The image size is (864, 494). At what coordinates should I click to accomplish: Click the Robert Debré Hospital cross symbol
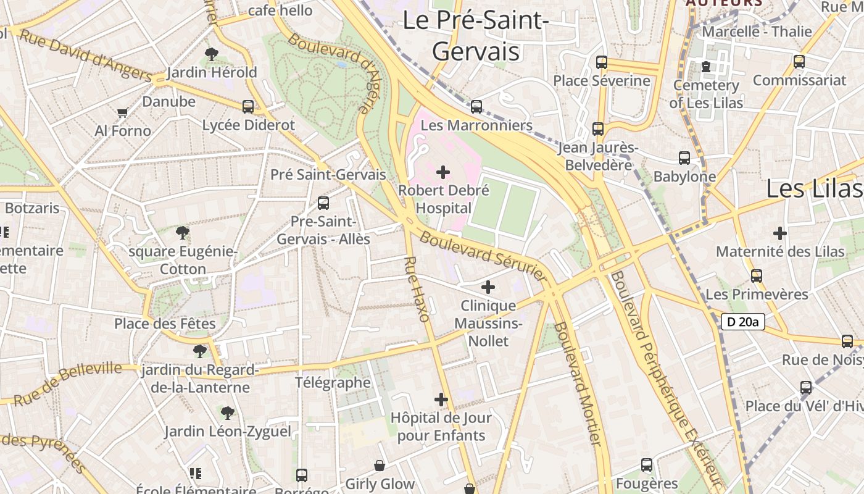443,172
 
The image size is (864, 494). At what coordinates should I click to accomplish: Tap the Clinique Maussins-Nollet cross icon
488,287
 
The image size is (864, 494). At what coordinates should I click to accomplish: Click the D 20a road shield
742,322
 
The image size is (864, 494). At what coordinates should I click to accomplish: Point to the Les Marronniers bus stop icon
476,107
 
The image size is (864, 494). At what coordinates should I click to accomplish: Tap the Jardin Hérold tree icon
212,54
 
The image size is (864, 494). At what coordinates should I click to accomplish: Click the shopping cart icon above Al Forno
122,113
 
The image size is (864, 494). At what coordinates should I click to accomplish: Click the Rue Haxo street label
417,289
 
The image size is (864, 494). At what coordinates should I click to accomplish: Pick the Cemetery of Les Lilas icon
706,66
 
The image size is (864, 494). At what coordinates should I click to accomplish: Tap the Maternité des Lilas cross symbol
780,233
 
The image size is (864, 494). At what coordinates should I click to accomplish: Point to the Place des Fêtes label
165,324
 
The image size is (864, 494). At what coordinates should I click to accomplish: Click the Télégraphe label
333,382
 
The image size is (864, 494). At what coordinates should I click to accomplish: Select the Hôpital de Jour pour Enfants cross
441,400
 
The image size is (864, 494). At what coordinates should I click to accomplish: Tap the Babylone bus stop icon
684,158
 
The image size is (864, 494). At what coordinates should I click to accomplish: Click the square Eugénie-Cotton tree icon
182,233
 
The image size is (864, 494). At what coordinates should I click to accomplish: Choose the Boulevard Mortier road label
578,383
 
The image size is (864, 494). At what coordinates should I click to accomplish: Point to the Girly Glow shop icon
380,466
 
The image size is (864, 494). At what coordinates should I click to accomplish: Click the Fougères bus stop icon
647,465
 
